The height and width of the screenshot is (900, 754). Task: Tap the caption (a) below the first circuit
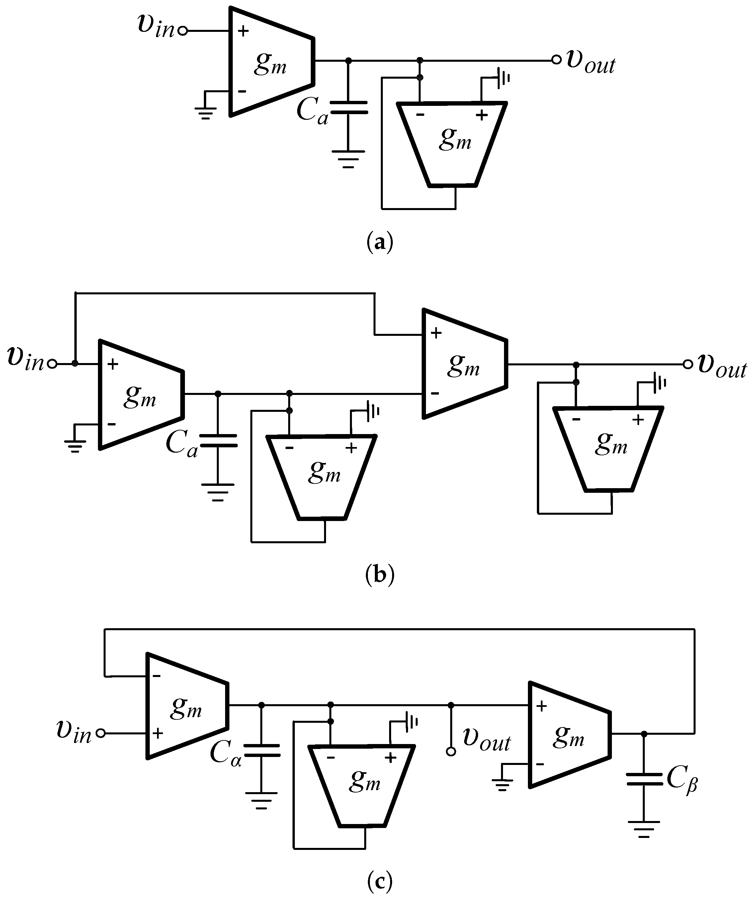pyautogui.click(x=380, y=243)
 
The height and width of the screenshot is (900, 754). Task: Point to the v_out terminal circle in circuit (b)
pyautogui.click(x=688, y=364)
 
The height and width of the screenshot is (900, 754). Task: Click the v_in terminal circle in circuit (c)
pyautogui.click(x=101, y=733)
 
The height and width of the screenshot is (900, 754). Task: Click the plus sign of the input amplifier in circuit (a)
pyautogui.click(x=243, y=31)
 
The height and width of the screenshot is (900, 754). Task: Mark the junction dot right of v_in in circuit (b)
pyautogui.click(x=75, y=363)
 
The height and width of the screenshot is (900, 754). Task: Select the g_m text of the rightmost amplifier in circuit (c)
pyautogui.click(x=568, y=737)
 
